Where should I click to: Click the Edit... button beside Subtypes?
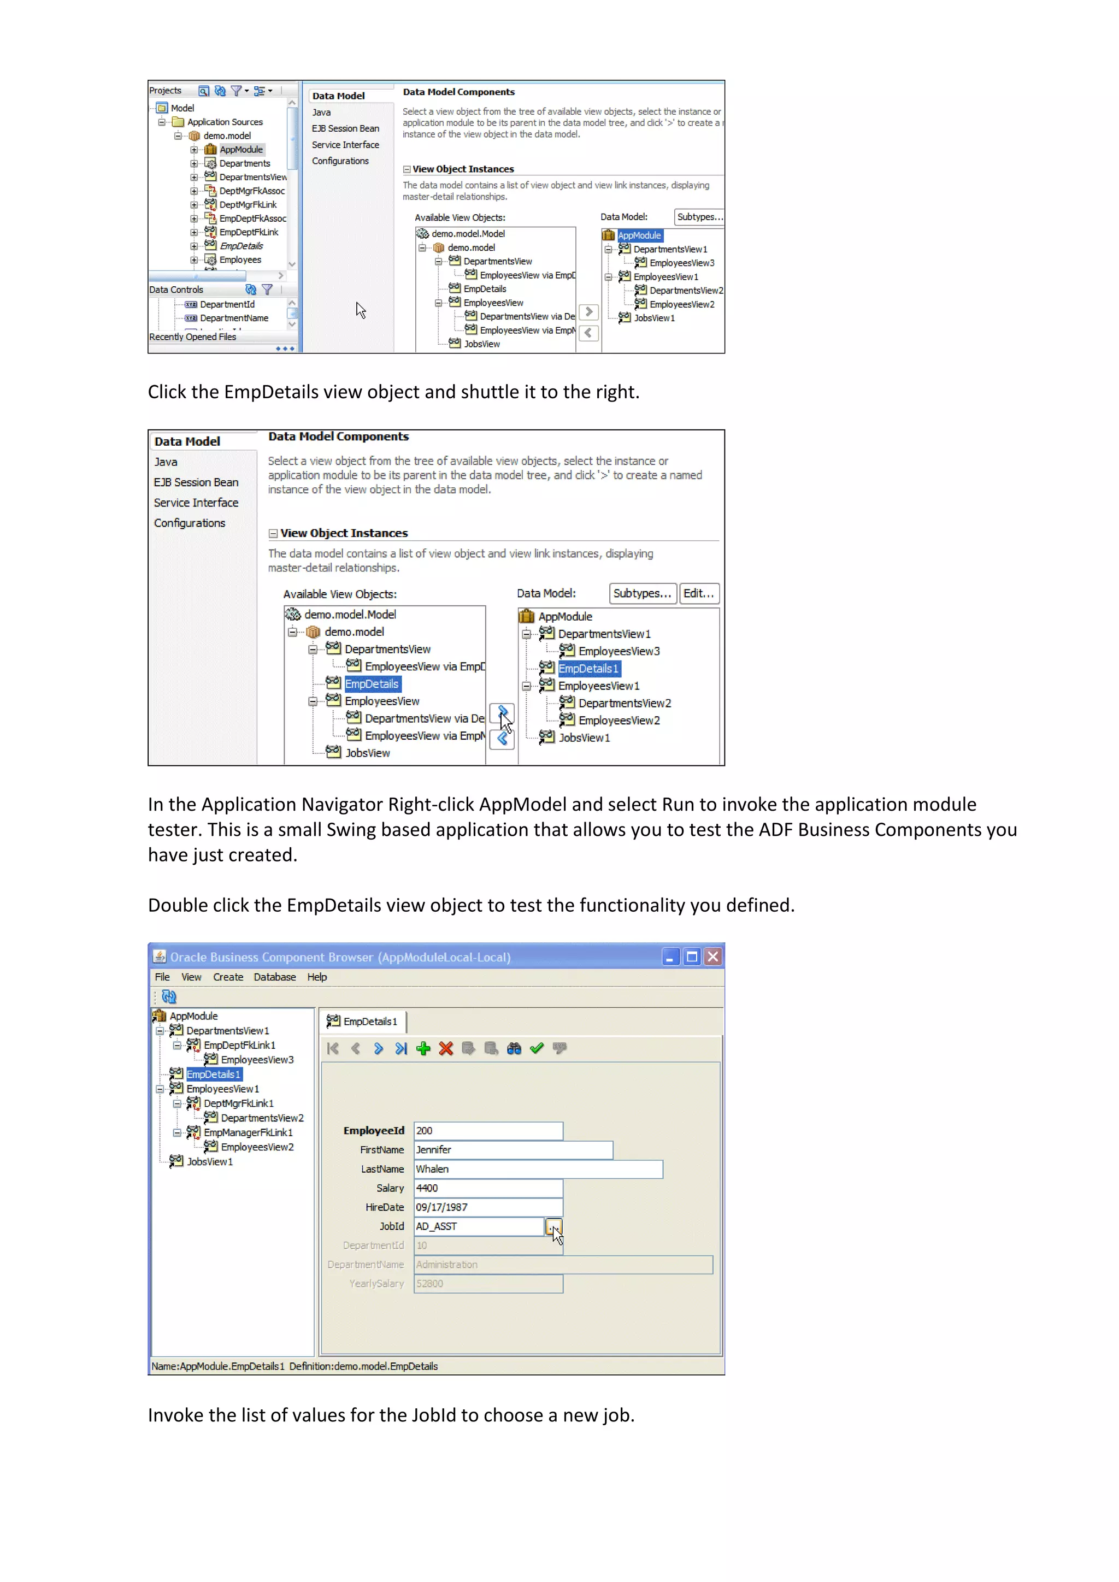[699, 593]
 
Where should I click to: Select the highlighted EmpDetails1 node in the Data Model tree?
[588, 668]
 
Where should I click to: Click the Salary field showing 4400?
[487, 1188]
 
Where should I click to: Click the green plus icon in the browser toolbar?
[423, 1049]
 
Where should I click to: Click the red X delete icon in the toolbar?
[446, 1049]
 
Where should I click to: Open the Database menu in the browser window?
[274, 977]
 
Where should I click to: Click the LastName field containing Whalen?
[538, 1169]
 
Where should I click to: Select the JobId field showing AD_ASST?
[478, 1226]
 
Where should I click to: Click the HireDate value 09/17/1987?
[487, 1207]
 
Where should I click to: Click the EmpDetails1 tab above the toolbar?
[363, 1021]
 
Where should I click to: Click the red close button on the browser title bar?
[713, 957]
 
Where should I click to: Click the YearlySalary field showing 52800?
[487, 1284]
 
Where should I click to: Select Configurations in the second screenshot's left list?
[190, 523]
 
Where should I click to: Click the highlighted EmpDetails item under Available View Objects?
[372, 683]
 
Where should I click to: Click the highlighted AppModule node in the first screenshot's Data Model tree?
[639, 235]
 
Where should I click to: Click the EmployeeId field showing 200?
[487, 1131]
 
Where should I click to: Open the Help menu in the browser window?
[317, 977]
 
